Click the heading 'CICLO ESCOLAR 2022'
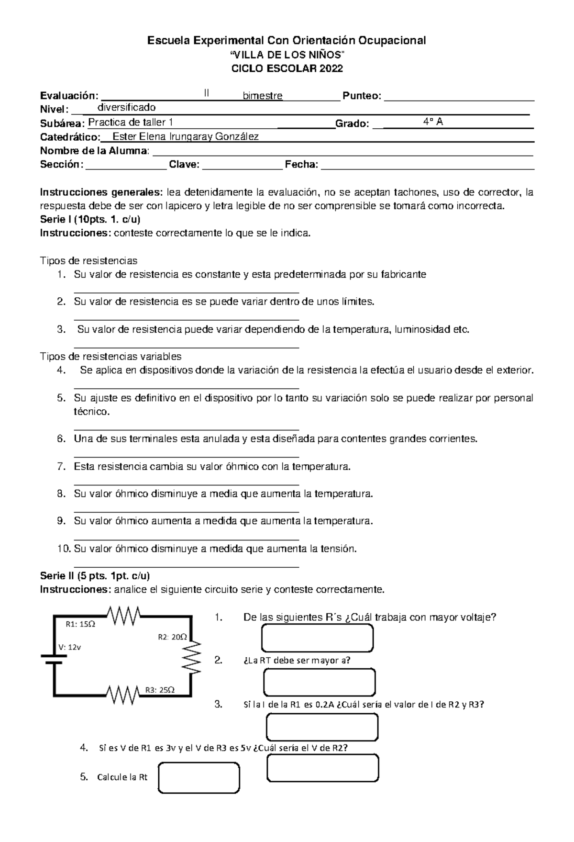coord(287,68)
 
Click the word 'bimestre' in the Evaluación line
coord(263,96)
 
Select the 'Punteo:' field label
coord(362,96)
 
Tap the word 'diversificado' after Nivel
coord(126,107)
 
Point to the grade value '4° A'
coord(433,122)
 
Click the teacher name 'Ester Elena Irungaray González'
coord(185,137)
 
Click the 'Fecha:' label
coord(301,165)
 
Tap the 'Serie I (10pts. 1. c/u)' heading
coord(90,220)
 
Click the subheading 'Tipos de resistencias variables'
coord(110,357)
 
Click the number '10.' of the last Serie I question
coord(64,549)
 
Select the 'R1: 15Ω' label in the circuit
coord(80,624)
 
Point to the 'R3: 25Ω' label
coord(160,690)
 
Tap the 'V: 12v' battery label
coord(70,647)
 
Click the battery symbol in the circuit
coord(54,659)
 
